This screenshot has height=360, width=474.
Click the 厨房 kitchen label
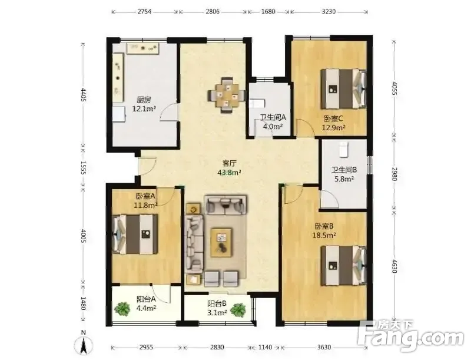(x=144, y=100)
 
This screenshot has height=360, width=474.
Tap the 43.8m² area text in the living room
(x=229, y=173)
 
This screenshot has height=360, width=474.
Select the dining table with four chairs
(x=227, y=95)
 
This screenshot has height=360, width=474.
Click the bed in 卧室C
(x=343, y=88)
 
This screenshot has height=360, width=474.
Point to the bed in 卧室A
(x=135, y=234)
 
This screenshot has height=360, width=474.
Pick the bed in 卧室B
(x=343, y=265)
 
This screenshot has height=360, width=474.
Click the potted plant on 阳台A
(x=122, y=309)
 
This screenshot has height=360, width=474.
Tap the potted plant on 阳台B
(x=238, y=310)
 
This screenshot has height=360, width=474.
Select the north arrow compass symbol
(x=84, y=344)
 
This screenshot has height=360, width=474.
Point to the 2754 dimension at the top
(x=144, y=12)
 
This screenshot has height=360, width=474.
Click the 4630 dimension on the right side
(x=394, y=266)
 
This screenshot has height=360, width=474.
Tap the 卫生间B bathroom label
(x=344, y=170)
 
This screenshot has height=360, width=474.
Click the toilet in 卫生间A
(x=257, y=103)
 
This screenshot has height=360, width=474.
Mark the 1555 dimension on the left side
(x=84, y=167)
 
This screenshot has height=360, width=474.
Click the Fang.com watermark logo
(x=410, y=335)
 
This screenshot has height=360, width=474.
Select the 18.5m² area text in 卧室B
(x=324, y=235)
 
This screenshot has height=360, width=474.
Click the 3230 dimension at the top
(x=329, y=12)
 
